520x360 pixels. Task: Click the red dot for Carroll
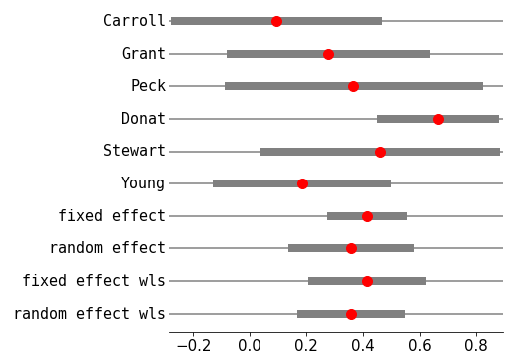(276, 21)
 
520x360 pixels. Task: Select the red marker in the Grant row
(328, 54)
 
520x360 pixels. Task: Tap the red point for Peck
(353, 86)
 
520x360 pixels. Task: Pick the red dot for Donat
(438, 119)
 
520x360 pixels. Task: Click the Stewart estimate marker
(380, 152)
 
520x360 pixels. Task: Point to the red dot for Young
(302, 183)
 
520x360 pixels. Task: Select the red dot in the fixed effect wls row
(367, 281)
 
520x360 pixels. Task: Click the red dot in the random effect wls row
(351, 314)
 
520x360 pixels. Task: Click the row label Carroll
(134, 21)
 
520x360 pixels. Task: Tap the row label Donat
(143, 119)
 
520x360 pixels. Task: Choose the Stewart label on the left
(134, 152)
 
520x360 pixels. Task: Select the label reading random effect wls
(89, 314)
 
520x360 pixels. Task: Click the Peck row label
(148, 86)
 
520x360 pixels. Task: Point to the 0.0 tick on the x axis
(249, 344)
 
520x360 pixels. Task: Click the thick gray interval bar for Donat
(409, 119)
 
